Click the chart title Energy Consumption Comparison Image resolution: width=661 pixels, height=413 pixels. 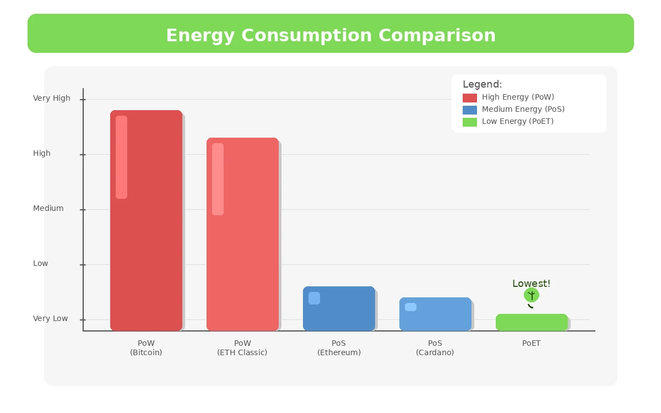pyautogui.click(x=330, y=35)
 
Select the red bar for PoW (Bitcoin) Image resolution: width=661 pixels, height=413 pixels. pyautogui.click(x=146, y=220)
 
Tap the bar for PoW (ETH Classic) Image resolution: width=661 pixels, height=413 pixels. pyautogui.click(x=242, y=234)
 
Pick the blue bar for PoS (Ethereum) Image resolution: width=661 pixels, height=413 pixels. pyautogui.click(x=339, y=308)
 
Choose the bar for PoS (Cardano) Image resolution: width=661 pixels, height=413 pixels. pyautogui.click(x=435, y=314)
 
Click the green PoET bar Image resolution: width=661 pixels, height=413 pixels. pyautogui.click(x=532, y=322)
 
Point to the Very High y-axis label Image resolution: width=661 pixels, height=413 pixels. pyautogui.click(x=52, y=98)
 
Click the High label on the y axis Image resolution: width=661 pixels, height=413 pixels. pyautogui.click(x=42, y=153)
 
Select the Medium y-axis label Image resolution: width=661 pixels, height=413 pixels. pyautogui.click(x=48, y=208)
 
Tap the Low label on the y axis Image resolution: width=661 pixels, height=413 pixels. pyautogui.click(x=41, y=263)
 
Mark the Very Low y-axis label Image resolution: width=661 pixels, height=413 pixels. pyautogui.click(x=51, y=318)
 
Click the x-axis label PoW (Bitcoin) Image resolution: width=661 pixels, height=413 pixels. pyautogui.click(x=146, y=347)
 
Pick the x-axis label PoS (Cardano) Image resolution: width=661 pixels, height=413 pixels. pyautogui.click(x=435, y=347)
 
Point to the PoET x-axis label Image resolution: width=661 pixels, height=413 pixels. pyautogui.click(x=532, y=343)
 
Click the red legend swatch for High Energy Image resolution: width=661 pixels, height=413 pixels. pyautogui.click(x=470, y=97)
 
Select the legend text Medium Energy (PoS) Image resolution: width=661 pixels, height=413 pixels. pyautogui.click(x=523, y=109)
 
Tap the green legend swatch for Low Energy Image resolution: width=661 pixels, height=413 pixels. pyautogui.click(x=470, y=122)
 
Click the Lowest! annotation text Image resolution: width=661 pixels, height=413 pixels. pyautogui.click(x=531, y=284)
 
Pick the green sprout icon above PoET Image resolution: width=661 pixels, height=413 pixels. pyautogui.click(x=532, y=296)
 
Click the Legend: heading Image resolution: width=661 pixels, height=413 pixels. pyautogui.click(x=482, y=84)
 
